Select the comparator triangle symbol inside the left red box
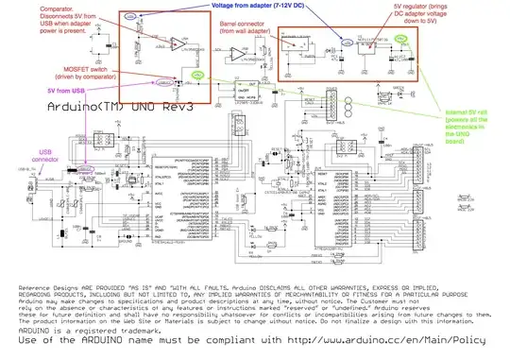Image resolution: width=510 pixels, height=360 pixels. coord(149,47)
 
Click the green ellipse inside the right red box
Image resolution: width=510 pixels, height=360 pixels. coord(403,40)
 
